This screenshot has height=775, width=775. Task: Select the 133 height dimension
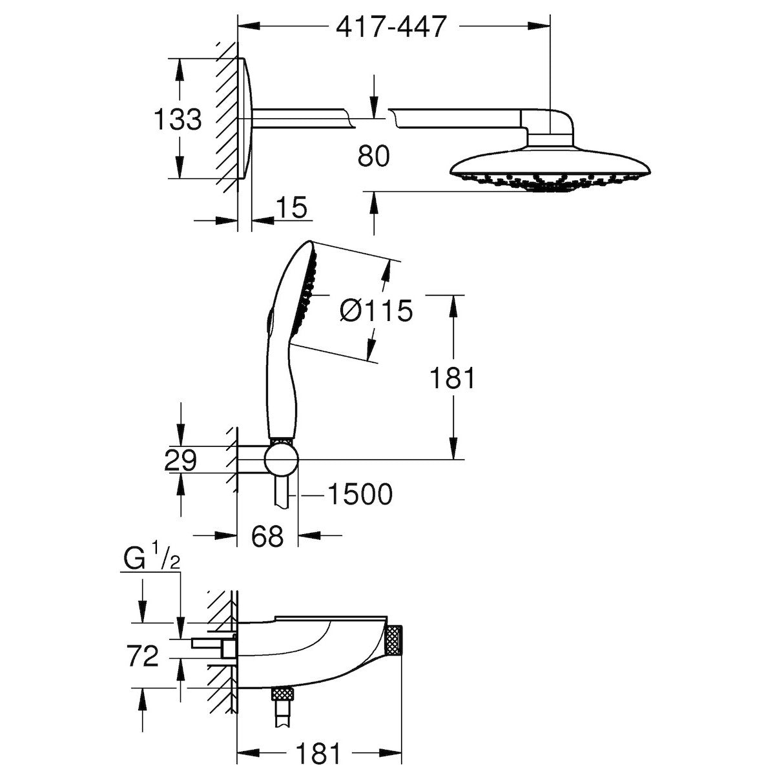click(178, 119)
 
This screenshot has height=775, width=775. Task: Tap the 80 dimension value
click(373, 156)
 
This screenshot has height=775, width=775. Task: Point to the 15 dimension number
click(291, 208)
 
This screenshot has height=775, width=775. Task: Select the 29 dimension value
click(180, 460)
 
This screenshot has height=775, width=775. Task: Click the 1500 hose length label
click(360, 495)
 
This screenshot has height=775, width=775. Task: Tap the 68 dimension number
click(267, 536)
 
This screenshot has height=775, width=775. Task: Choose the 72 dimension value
click(143, 657)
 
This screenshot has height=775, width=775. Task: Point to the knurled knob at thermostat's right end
click(393, 643)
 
